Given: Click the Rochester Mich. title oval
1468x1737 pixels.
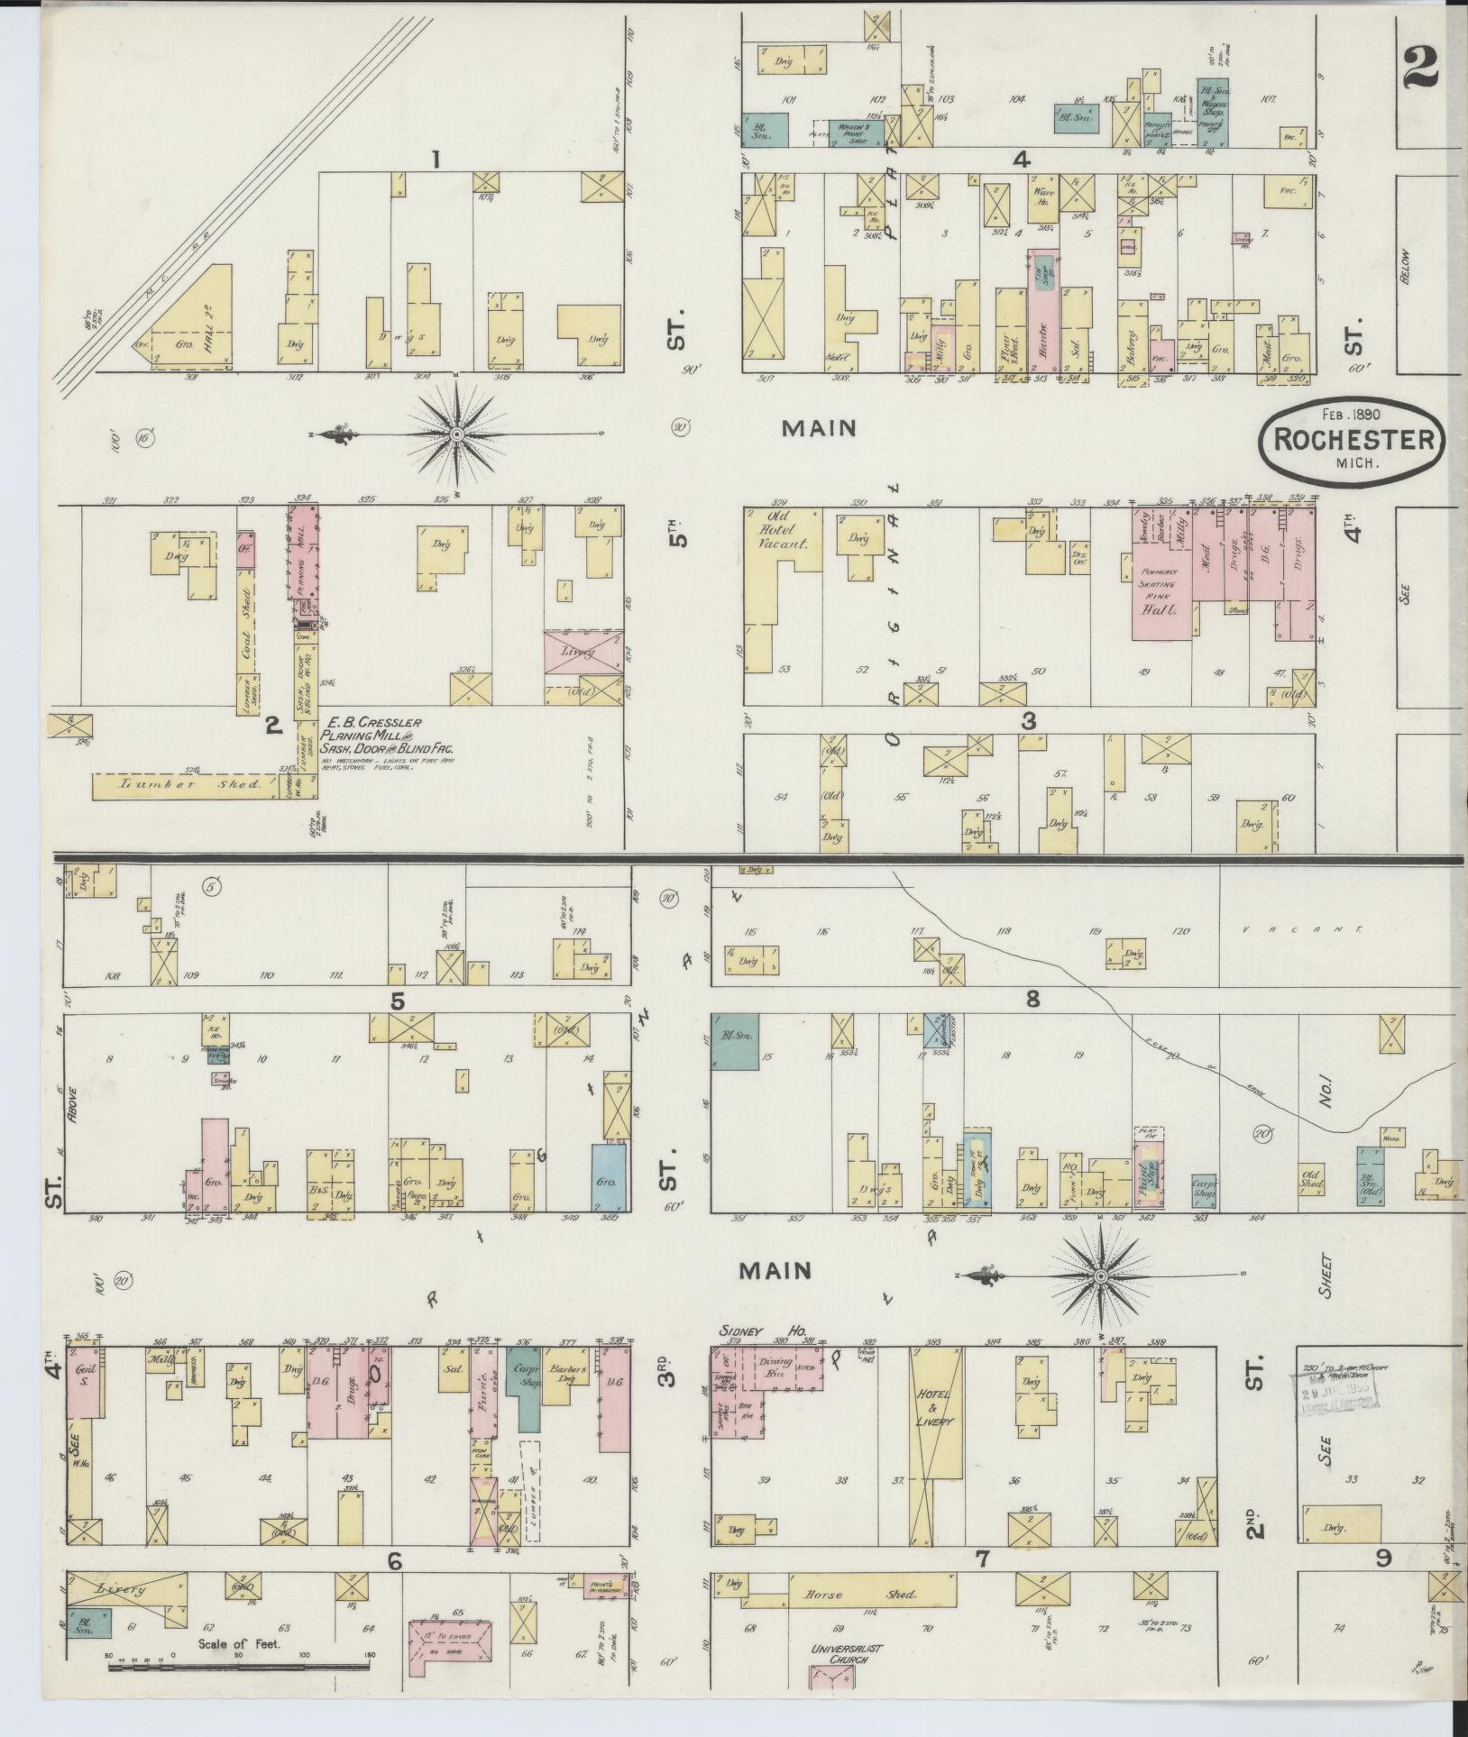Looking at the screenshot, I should tap(1353, 441).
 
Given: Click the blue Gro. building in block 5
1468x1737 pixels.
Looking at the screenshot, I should tap(609, 1177).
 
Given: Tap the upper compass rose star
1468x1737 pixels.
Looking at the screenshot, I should tap(456, 434).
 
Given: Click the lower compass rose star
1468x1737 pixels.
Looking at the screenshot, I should tap(1100, 1276).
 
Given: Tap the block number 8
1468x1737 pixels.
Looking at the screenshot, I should tap(1032, 998).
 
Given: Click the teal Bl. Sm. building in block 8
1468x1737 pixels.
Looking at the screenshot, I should tap(735, 1041).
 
